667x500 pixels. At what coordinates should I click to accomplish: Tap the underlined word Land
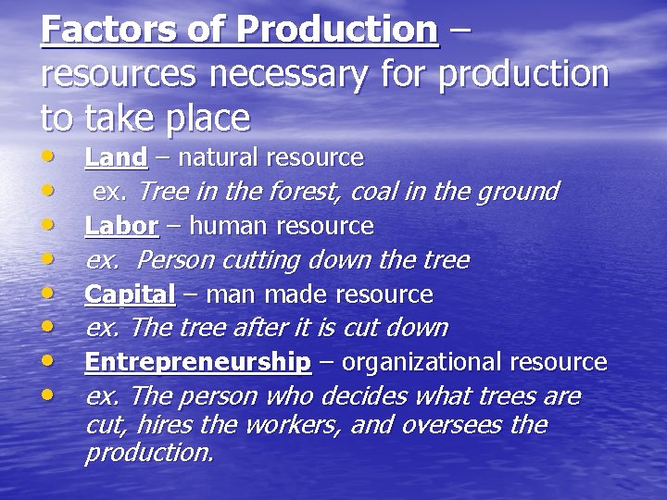pos(116,158)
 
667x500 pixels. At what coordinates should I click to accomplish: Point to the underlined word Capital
pos(130,294)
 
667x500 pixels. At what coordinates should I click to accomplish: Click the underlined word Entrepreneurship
pos(197,362)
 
